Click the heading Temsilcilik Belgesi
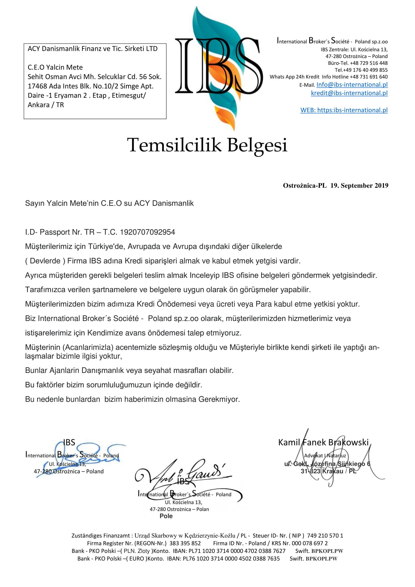pos(208,145)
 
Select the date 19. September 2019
pos(359,186)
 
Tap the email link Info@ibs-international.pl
pos(352,85)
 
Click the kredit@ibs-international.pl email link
pos(349,93)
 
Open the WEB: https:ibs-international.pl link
pos(344,110)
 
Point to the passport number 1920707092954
pos(148,232)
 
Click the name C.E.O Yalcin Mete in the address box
pos(55,67)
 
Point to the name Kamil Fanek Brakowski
pos(323,442)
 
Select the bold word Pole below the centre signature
pos(166,516)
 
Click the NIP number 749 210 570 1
pos(325,536)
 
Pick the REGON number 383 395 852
pos(185,543)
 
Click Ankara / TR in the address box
pos(46,105)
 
